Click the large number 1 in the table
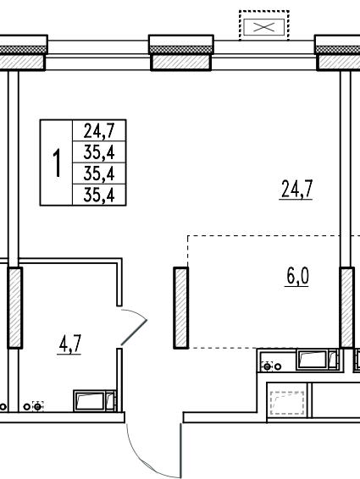(x=57, y=162)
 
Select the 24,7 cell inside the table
(x=99, y=130)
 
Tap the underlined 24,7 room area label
(x=296, y=190)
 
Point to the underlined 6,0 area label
(x=297, y=277)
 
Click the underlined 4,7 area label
(x=69, y=344)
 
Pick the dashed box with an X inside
(x=264, y=25)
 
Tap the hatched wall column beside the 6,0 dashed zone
(x=180, y=307)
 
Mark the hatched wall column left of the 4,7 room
(x=14, y=307)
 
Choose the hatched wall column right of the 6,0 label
(x=346, y=307)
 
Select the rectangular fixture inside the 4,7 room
(x=95, y=400)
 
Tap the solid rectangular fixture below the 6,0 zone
(x=317, y=360)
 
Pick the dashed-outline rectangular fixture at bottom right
(x=287, y=403)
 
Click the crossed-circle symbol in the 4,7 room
(x=37, y=406)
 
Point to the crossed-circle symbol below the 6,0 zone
(x=268, y=366)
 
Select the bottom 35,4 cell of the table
(x=99, y=195)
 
